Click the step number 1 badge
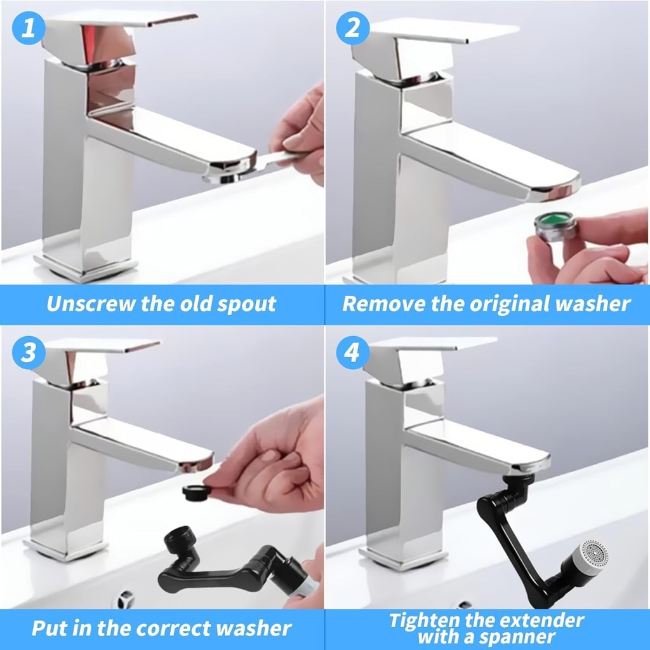[29, 29]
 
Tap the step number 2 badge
[352, 29]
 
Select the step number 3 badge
[29, 353]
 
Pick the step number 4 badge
[352, 353]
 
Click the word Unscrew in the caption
[91, 304]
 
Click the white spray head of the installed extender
[588, 557]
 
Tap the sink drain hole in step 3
[123, 599]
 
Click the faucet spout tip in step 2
[552, 191]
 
